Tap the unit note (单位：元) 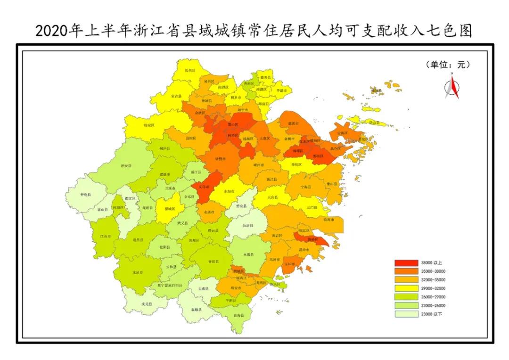[x=448, y=65]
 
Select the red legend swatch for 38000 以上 [x=405, y=262]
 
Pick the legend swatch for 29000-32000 [x=405, y=288]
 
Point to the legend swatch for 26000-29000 [x=405, y=296]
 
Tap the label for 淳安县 [x=126, y=166]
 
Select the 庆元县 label [x=147, y=304]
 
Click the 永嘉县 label [x=248, y=255]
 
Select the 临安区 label [x=149, y=125]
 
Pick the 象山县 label [x=332, y=184]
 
